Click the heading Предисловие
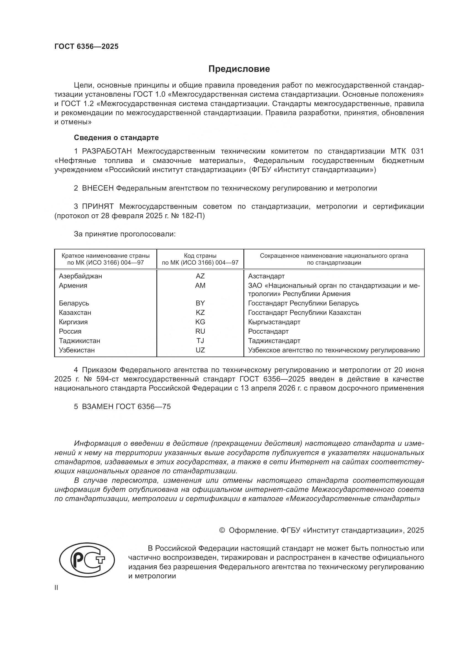239,69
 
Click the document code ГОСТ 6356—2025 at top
86,46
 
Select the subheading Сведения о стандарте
116,138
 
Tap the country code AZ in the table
200,276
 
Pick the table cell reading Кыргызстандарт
274,322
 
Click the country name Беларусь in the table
74,303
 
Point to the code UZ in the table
200,350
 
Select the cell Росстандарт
268,331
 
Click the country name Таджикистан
79,341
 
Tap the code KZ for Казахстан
200,313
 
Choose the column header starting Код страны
200,259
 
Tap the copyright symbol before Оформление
222,530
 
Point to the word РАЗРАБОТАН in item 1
107,151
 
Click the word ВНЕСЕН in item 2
98,188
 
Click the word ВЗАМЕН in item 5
98,407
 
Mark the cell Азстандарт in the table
266,276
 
